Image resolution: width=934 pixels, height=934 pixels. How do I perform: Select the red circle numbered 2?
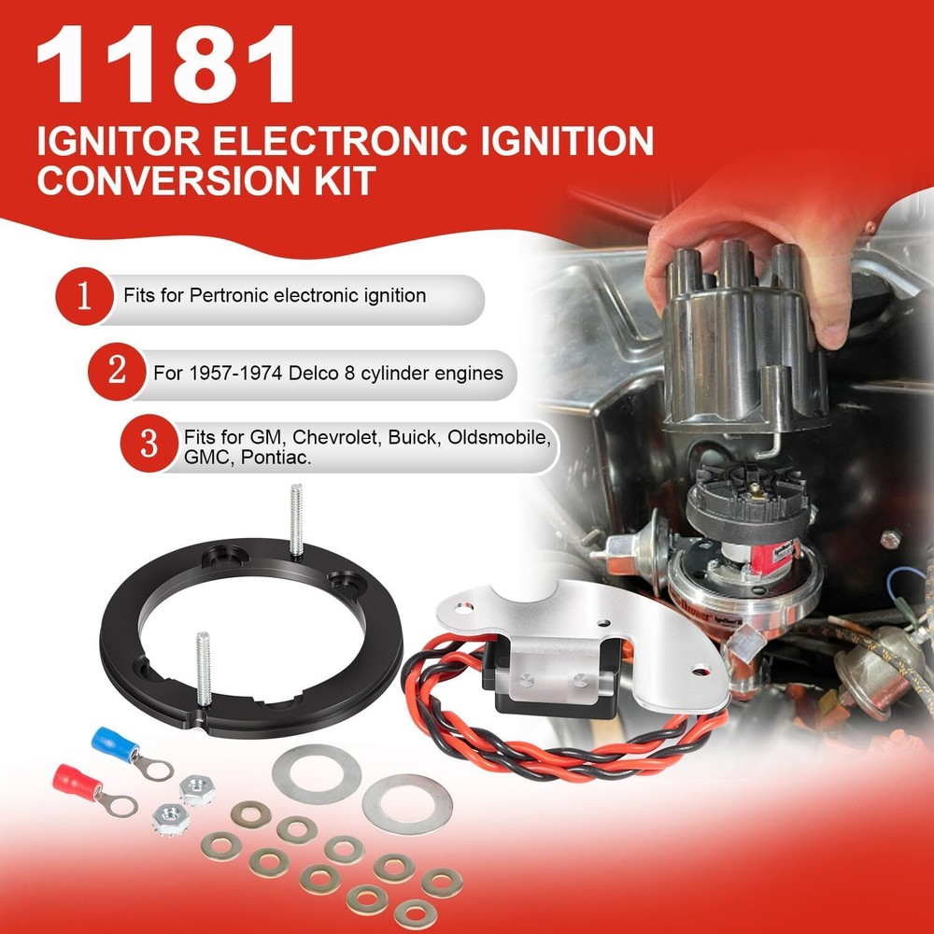pos(117,371)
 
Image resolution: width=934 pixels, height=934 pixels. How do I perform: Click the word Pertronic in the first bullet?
pos(230,296)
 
